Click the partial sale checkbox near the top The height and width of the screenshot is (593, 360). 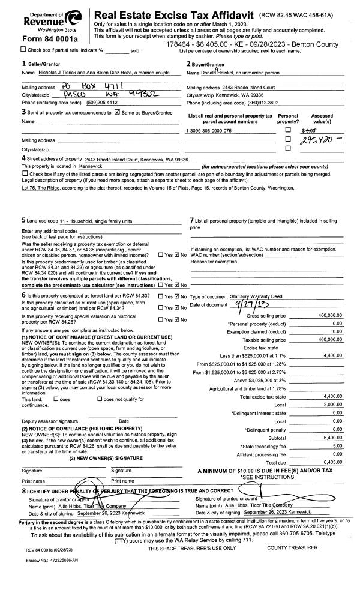pos(5,49)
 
